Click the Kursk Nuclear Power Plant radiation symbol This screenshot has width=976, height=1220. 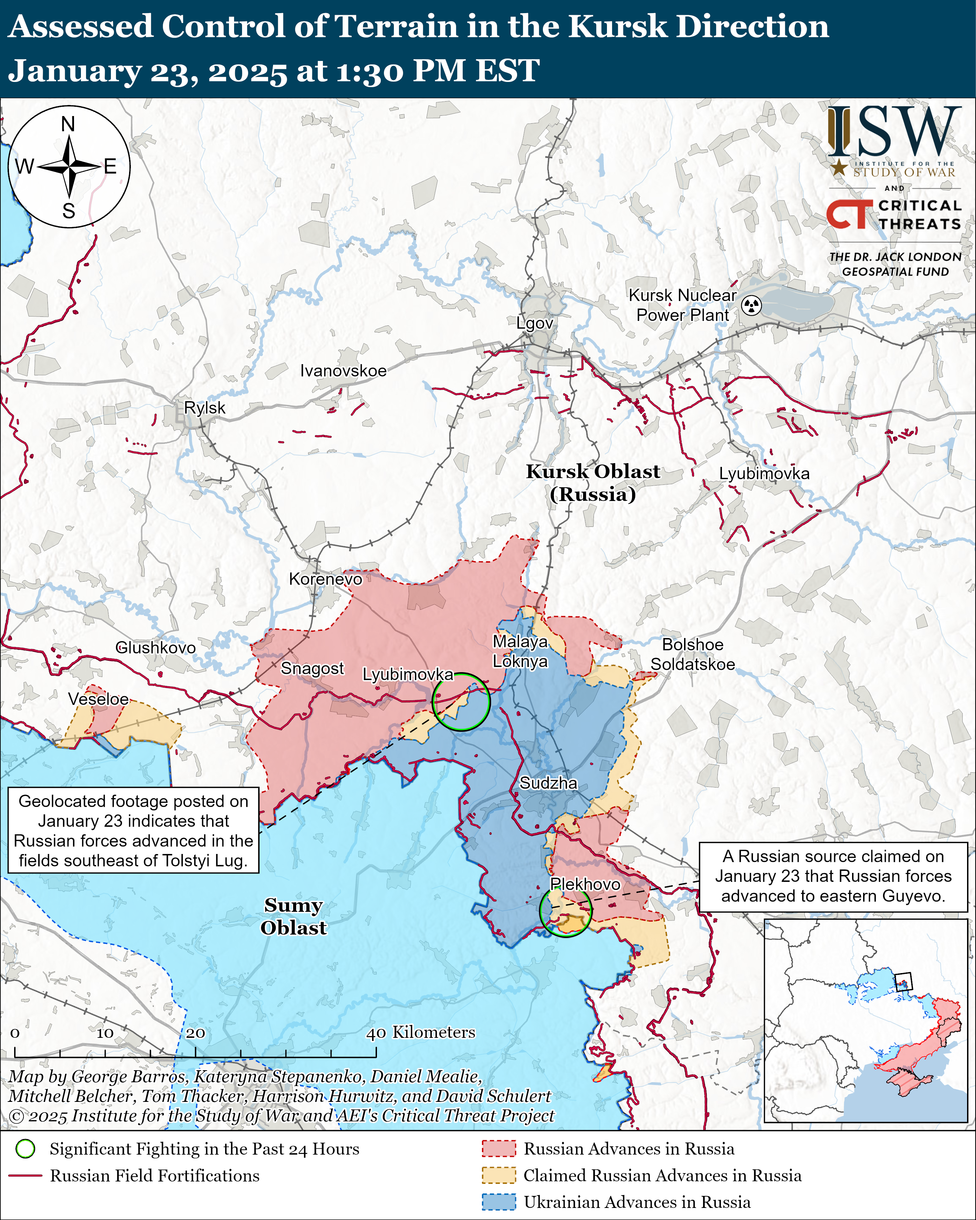click(x=752, y=305)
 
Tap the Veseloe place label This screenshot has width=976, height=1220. click(x=98, y=699)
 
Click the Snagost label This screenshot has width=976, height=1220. click(x=312, y=668)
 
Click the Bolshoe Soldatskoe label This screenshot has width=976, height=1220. click(x=693, y=654)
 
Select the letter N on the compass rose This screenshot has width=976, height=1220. click(x=68, y=124)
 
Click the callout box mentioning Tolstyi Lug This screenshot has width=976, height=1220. click(x=134, y=831)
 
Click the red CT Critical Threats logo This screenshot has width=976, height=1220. click(x=849, y=215)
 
